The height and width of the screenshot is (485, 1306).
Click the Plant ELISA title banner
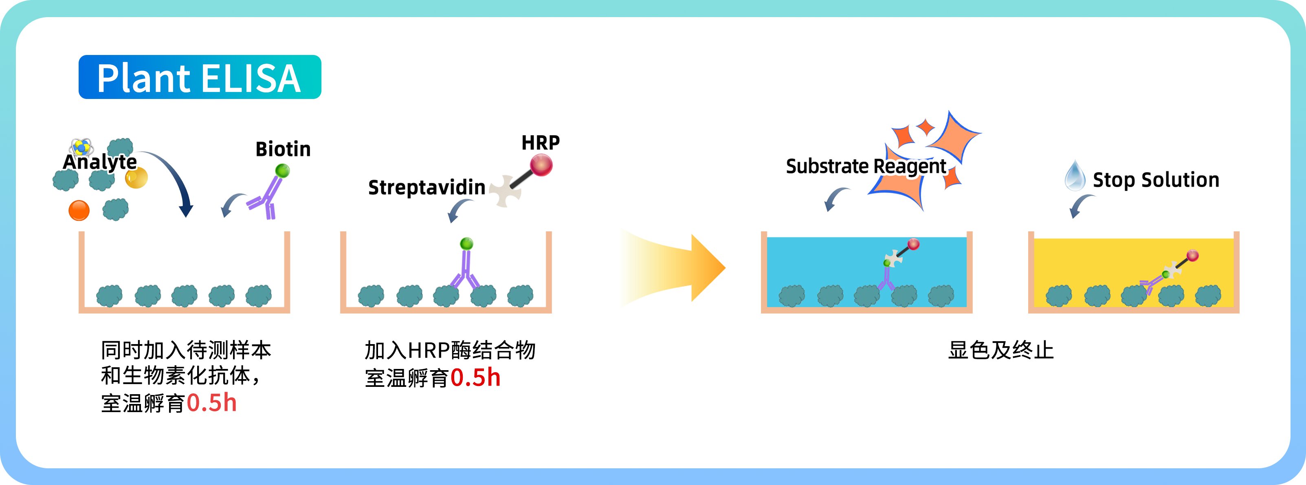click(199, 77)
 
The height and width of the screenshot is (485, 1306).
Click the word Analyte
click(100, 162)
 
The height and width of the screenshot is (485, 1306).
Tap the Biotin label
click(283, 149)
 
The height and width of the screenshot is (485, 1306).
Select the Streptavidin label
click(427, 187)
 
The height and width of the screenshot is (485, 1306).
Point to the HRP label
click(541, 143)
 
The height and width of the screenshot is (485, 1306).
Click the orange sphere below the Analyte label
click(79, 210)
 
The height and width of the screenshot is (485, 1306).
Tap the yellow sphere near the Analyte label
click(136, 178)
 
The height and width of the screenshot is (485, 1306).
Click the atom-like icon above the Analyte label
click(81, 147)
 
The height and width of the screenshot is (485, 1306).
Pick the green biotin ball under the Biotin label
click(282, 171)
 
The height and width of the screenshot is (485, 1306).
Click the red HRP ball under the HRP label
click(541, 166)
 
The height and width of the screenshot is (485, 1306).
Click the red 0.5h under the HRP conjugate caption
click(475, 378)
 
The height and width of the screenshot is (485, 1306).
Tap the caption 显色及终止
click(1001, 350)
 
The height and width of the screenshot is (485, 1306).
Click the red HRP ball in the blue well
click(913, 245)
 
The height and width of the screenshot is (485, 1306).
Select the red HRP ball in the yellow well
click(1192, 255)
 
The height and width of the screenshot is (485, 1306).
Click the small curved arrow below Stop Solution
click(1080, 205)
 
